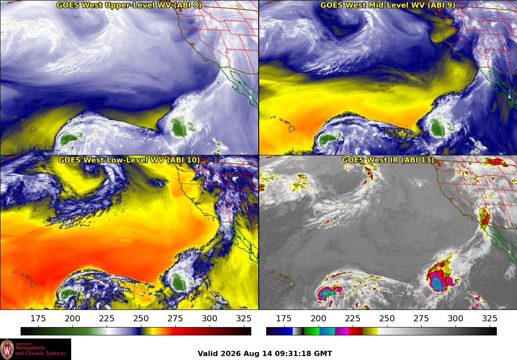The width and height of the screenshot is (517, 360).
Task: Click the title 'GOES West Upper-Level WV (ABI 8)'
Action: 129,5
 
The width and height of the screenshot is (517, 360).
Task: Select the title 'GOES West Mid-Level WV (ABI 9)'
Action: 388,5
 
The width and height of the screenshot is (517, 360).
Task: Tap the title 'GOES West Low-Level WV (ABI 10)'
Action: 129,160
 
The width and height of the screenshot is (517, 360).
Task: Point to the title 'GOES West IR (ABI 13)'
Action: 388,160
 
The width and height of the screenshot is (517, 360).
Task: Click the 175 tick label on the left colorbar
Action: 38,318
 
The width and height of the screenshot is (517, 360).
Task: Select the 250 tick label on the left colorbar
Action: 141,318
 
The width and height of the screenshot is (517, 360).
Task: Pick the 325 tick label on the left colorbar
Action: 244,318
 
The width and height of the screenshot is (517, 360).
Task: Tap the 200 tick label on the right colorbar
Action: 318,318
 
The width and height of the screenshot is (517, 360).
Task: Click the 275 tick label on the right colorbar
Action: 421,318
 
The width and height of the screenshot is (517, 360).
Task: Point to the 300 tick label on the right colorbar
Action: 456,318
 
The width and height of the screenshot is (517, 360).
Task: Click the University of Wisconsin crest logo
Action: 7,349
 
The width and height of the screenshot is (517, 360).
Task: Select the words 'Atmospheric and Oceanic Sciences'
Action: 40,350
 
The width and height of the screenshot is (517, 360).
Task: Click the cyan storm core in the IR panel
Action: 437,283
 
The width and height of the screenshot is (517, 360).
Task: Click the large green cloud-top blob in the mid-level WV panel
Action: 437,128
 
